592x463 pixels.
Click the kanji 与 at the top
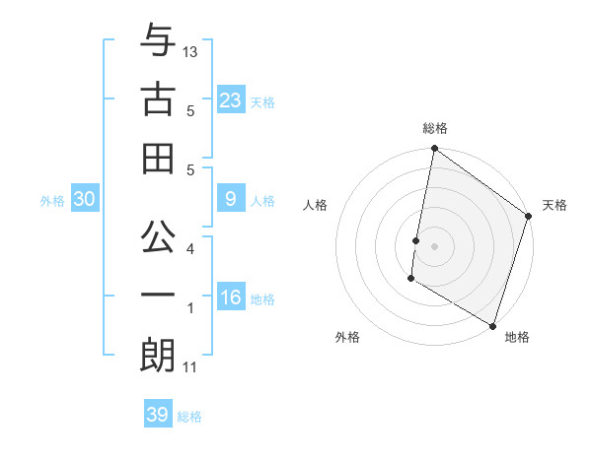point(157,42)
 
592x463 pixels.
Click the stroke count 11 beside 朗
point(190,368)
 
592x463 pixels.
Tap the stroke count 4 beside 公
point(190,248)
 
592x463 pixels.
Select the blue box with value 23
point(231,100)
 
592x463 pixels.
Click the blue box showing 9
point(231,200)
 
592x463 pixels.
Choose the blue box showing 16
point(231,298)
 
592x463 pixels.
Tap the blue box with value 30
point(85,200)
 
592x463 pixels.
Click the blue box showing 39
point(158,416)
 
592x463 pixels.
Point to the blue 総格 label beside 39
point(190,417)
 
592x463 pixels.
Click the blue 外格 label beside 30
point(52,201)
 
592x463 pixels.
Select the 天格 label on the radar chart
point(555,205)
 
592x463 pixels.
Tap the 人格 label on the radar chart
point(317,205)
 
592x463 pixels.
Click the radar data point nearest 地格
point(491,325)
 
